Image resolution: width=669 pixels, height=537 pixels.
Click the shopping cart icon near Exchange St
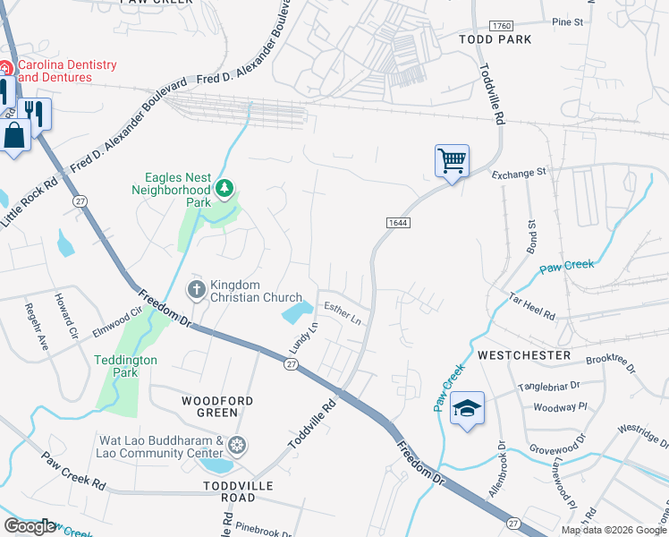pyautogui.click(x=452, y=162)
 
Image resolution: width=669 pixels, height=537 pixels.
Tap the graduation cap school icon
pyautogui.click(x=467, y=408)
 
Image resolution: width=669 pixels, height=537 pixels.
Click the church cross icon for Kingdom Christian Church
pyautogui.click(x=196, y=289)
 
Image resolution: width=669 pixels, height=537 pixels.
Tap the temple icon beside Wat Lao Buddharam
pyautogui.click(x=237, y=445)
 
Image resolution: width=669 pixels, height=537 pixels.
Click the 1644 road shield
pyautogui.click(x=399, y=222)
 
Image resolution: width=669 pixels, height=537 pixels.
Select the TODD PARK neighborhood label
pyautogui.click(x=495, y=39)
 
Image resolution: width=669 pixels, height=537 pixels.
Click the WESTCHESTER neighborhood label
pyautogui.click(x=524, y=355)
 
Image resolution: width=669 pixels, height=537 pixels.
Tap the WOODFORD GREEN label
pyautogui.click(x=216, y=406)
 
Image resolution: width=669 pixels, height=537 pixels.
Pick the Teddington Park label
pyautogui.click(x=126, y=365)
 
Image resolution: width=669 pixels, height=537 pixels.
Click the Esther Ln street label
pyautogui.click(x=343, y=313)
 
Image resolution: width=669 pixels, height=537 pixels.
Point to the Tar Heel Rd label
pyautogui.click(x=532, y=305)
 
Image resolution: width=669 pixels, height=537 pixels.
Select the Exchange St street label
pyautogui.click(x=518, y=171)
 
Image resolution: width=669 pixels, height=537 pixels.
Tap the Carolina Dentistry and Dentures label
pyautogui.click(x=67, y=71)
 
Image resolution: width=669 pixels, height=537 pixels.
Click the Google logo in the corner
pyautogui.click(x=30, y=526)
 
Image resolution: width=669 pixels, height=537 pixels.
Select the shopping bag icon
pyautogui.click(x=15, y=137)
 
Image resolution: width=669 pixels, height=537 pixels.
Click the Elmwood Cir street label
pyautogui.click(x=118, y=323)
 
